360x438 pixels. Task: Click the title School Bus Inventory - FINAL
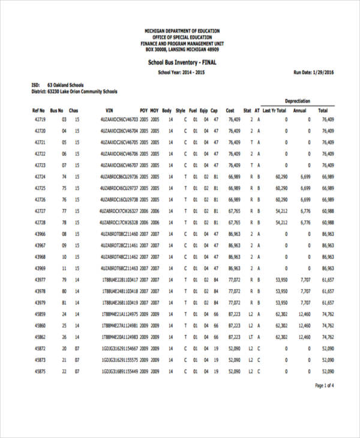182,62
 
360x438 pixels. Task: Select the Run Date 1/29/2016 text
314,72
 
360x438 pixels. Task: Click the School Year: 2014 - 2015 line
182,72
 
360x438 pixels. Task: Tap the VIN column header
109,110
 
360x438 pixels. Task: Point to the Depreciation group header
297,101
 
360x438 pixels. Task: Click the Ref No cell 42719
40,120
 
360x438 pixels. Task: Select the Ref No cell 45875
40,371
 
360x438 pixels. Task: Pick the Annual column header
299,110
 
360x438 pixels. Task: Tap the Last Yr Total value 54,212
281,211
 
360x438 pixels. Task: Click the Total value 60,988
328,223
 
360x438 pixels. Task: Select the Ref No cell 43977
40,280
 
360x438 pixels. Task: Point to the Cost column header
230,110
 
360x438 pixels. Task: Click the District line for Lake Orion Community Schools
74,92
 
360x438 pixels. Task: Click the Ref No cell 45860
40,325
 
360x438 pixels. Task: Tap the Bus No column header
56,110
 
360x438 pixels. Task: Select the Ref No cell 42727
40,211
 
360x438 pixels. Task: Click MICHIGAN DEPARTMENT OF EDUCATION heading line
182,31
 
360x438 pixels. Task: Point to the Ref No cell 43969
40,268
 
